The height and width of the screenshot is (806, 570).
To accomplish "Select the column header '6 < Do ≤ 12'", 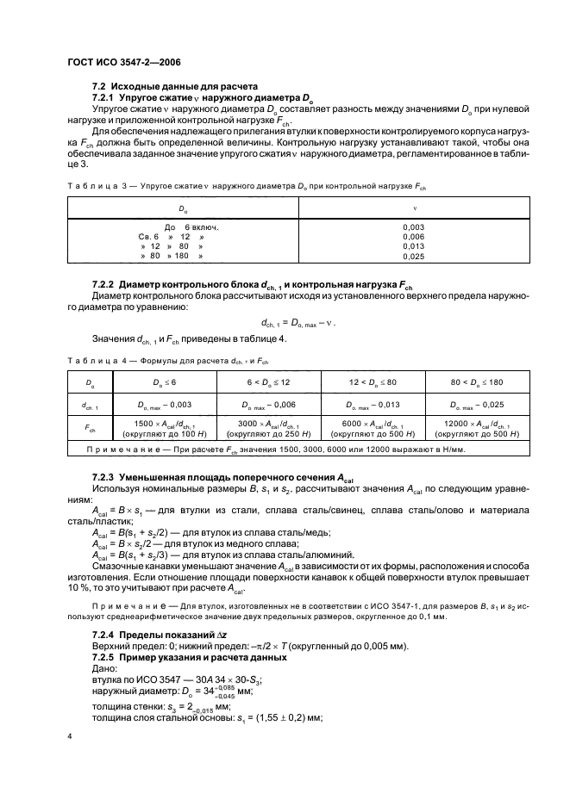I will pyautogui.click(x=267, y=380).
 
